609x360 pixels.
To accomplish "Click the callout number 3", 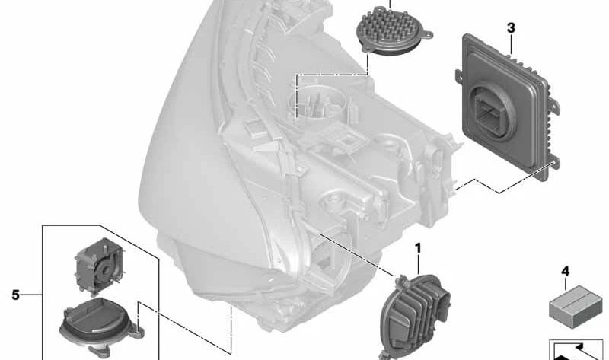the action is pos(511,28).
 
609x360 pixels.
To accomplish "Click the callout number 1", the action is pos(418,248).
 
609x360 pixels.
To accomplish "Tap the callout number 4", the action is pos(565,271).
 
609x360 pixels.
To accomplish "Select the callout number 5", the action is pos(15,295).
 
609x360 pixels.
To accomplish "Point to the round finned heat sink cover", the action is pos(393,30).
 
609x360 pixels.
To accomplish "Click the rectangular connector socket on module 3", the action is pos(490,112).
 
